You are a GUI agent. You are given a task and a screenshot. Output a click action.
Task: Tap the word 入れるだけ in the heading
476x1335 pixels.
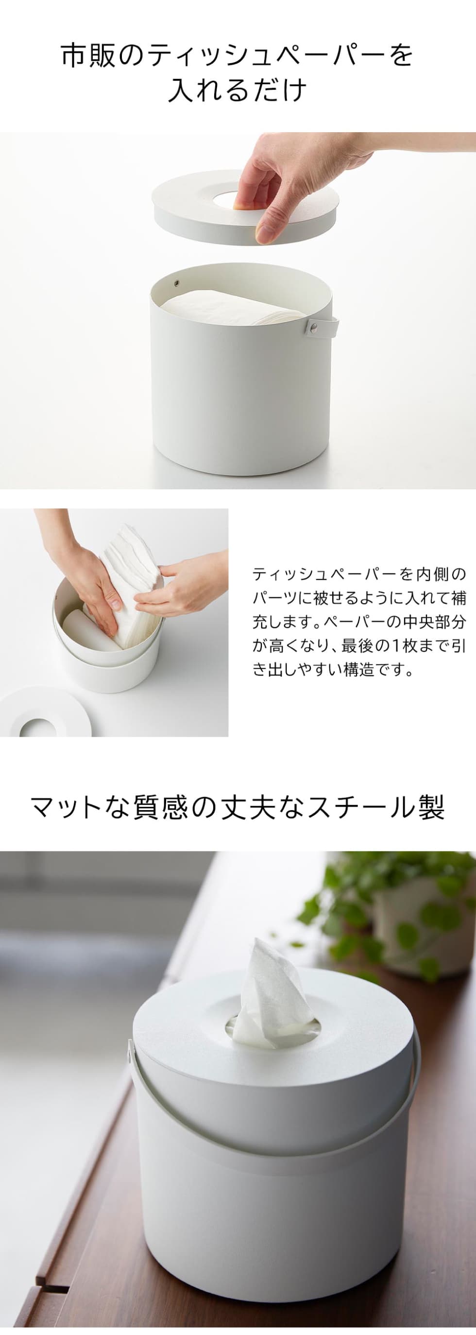point(238,91)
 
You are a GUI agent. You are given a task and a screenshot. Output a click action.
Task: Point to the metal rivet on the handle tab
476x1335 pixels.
point(313,326)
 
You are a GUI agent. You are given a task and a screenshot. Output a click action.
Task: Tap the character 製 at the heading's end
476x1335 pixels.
point(431,807)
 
